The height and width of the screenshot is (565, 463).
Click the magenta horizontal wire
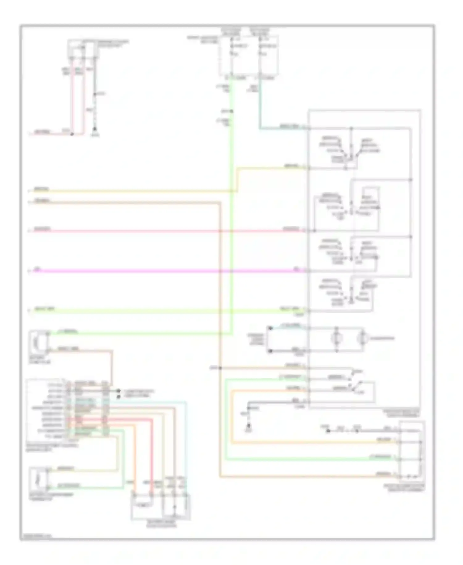coord(154,271)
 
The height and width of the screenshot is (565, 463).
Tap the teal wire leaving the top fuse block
coord(260,105)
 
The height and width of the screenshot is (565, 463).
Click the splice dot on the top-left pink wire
coord(72,134)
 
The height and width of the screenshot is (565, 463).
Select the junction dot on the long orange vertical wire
coord(220,368)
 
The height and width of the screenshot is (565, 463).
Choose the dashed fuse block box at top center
coord(249,56)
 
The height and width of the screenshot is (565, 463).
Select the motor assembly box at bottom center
coord(161,507)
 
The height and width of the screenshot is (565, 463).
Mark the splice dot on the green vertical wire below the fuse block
coord(231,111)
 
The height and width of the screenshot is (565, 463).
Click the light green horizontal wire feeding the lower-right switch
coord(309,460)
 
